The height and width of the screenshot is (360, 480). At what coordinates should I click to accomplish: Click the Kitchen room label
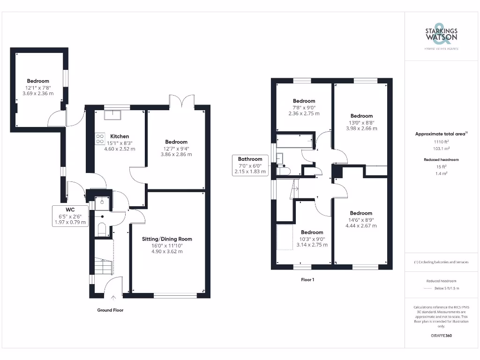119,136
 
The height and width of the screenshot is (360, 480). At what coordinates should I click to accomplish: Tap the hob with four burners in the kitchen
100,138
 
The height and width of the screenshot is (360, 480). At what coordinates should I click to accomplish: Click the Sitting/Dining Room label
167,239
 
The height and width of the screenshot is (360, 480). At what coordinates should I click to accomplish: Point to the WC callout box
70,216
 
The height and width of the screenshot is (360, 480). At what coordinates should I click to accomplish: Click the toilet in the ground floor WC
101,229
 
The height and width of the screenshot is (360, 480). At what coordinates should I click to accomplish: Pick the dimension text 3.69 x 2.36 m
37,93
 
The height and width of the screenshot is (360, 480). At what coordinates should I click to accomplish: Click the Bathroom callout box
250,165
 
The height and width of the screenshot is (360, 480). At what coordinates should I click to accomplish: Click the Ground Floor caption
110,310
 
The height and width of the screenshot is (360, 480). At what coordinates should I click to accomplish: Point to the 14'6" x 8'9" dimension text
361,219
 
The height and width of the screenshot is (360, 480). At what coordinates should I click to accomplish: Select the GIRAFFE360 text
441,336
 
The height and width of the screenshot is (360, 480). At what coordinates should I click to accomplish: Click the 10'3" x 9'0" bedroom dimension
312,239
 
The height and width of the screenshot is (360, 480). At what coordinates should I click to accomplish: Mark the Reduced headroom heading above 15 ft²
441,160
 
